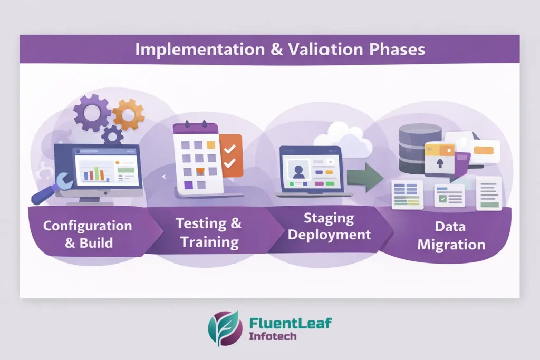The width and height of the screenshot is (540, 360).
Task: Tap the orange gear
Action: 128,114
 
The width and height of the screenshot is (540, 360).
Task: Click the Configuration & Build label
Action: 88,235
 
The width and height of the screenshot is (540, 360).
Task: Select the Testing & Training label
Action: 209,232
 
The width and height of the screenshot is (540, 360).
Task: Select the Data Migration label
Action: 451,236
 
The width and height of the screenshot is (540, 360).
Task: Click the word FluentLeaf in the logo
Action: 290,323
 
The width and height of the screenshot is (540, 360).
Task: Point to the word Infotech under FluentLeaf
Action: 273,336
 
